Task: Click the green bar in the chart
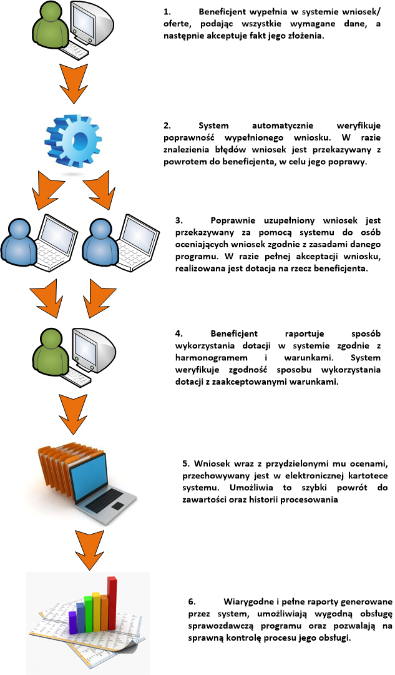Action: coord(88,613)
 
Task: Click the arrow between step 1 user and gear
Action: coord(74,84)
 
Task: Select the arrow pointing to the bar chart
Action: coord(89,549)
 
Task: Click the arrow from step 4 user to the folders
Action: coord(74,414)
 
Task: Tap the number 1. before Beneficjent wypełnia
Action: coord(167,12)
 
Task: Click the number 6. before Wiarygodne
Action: coord(192,601)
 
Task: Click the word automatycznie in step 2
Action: coord(283,126)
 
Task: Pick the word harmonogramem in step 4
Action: coord(212,358)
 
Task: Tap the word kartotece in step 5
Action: coord(368,476)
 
